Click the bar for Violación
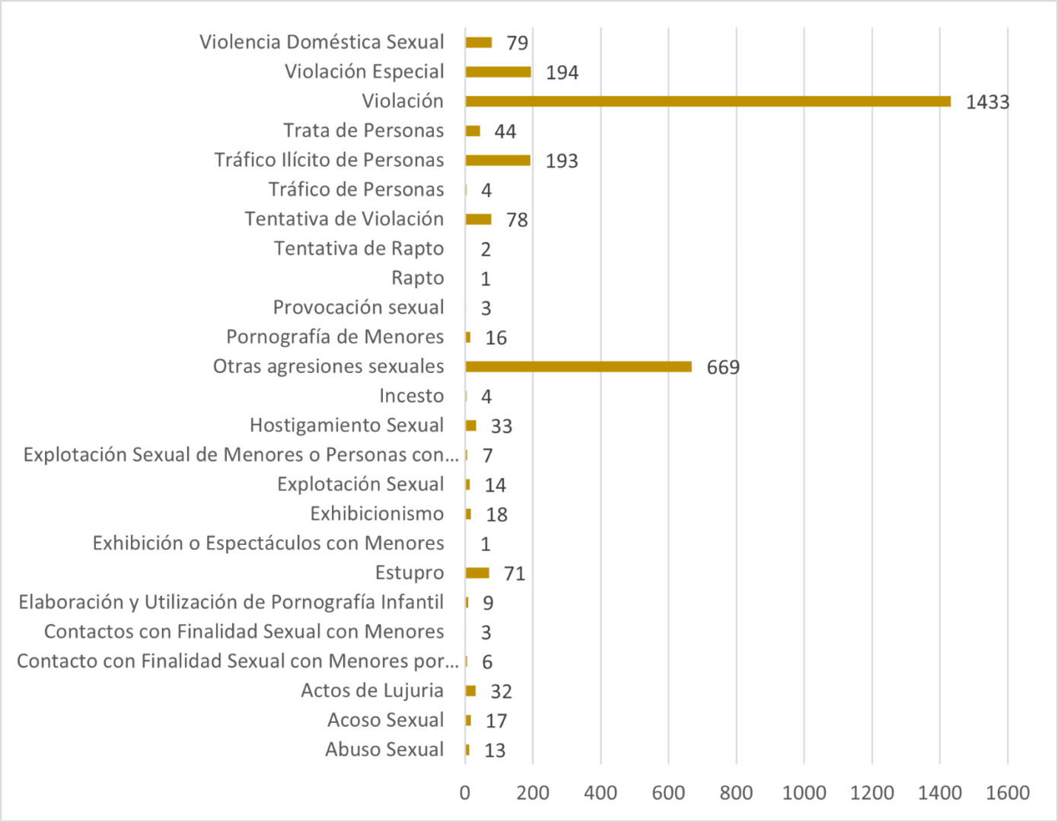coord(708,101)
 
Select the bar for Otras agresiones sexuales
coord(578,367)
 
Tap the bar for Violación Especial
coord(498,72)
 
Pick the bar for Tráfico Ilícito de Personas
coord(498,161)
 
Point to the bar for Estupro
coord(477,573)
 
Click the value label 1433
coord(987,102)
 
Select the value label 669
coord(723,368)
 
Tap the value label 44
coord(505,132)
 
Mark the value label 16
coord(496,338)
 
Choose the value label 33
coord(501,426)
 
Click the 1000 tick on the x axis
coord(804,793)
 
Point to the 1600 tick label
coord(1008,793)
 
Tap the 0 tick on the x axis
coord(465,793)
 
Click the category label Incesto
coord(411,396)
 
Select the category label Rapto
coord(417,278)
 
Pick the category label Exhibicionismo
coord(377,514)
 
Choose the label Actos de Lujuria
coord(372,690)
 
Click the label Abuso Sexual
coord(384,750)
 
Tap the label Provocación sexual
coord(359,307)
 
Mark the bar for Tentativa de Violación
coord(478,219)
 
